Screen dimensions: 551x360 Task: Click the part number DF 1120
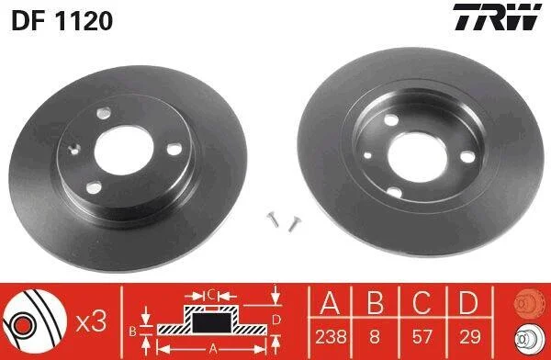(x=62, y=21)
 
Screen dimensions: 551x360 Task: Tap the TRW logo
(x=497, y=17)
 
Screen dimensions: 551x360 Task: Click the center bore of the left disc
(x=124, y=150)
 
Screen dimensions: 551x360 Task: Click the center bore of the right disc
(x=417, y=157)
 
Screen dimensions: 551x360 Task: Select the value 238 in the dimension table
(x=331, y=337)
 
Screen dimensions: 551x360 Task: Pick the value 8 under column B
(x=375, y=337)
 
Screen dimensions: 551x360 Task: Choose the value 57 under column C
(x=422, y=337)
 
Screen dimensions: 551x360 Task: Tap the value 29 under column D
(x=469, y=337)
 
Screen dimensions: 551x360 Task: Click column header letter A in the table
(x=330, y=303)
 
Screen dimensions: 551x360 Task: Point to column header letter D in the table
(x=468, y=303)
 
